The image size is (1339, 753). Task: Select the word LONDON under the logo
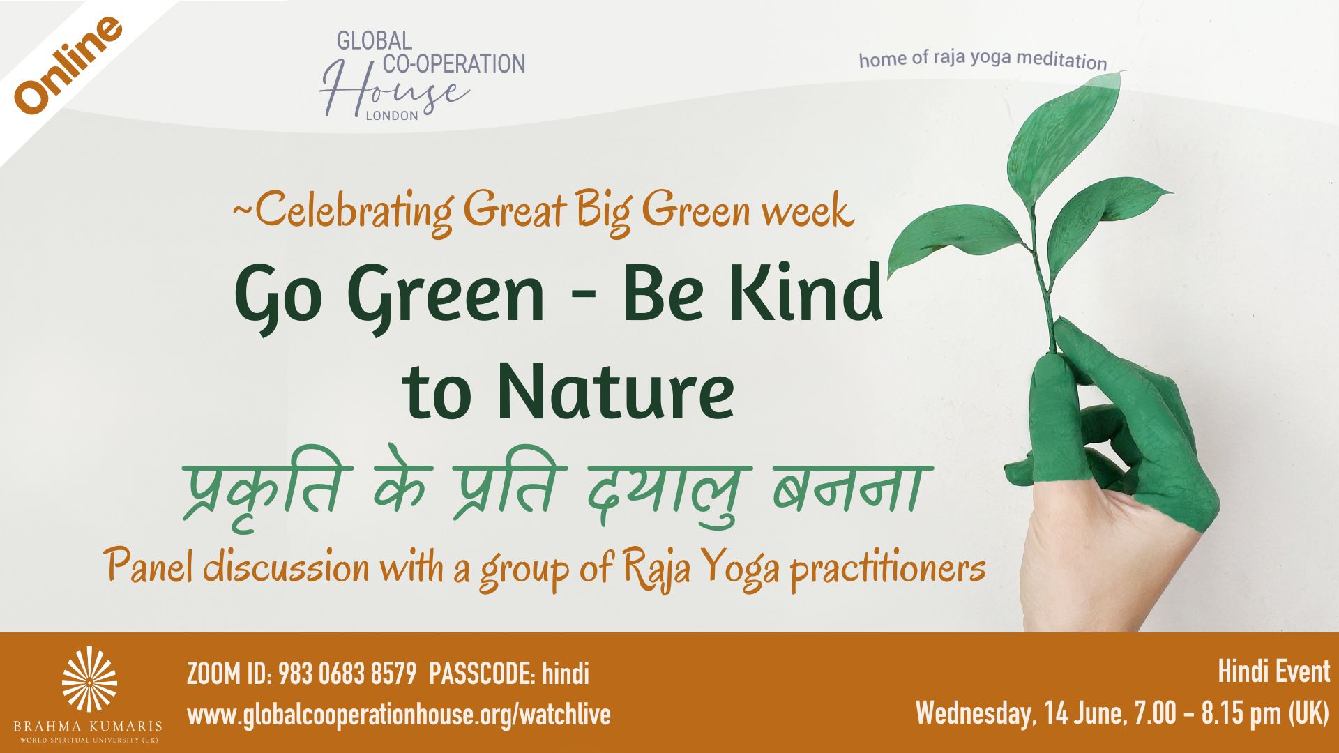[x=392, y=116]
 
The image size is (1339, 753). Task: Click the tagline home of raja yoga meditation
[x=983, y=59]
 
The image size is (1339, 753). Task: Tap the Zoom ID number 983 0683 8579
[x=347, y=674]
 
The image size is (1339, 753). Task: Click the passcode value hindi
[x=566, y=674]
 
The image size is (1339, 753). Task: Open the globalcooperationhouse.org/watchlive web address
[x=399, y=715]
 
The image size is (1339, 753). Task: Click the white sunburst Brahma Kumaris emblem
[x=89, y=679]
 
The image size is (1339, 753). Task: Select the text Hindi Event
[x=1273, y=671]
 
